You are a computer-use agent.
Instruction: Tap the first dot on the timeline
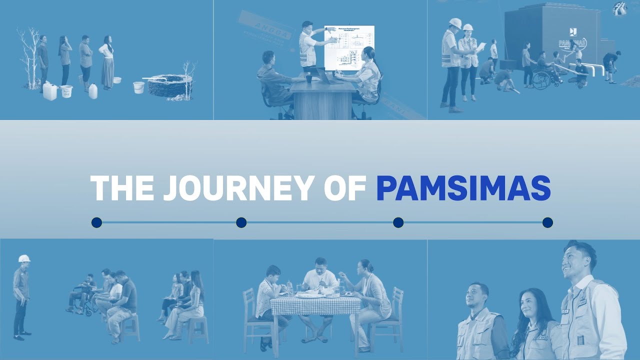pos(96,222)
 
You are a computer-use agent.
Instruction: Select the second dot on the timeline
pos(241,222)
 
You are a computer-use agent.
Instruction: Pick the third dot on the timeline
pos(398,222)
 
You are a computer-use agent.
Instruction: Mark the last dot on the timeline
pos(547,222)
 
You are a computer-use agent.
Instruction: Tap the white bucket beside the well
pos(138,87)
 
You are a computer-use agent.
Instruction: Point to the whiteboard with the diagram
pos(349,48)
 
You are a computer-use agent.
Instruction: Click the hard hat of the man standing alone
pos(24,258)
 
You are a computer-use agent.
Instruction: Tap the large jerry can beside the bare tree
pos(50,91)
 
